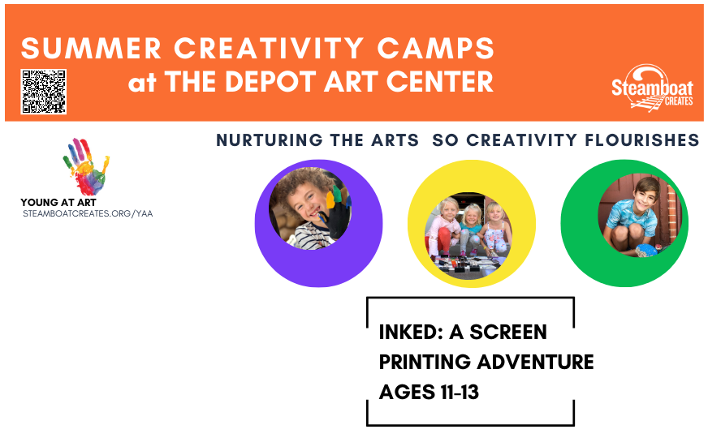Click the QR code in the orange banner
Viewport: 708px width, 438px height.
(43, 92)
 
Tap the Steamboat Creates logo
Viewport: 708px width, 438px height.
(652, 88)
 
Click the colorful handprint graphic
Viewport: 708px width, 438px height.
(86, 166)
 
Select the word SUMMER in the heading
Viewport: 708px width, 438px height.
(91, 49)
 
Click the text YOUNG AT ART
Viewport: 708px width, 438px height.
(58, 203)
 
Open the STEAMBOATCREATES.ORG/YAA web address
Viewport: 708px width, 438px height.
(88, 213)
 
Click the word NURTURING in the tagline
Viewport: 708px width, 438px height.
(269, 140)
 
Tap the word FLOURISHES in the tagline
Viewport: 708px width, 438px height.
(641, 140)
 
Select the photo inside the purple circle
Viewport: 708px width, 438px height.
(310, 208)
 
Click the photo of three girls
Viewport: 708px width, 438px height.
(468, 236)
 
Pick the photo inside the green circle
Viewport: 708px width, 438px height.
(639, 216)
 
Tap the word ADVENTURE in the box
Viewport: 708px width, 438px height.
(535, 362)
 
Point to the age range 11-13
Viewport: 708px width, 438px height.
(460, 392)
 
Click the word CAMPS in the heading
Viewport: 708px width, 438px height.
(436, 49)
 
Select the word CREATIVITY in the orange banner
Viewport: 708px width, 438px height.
(269, 49)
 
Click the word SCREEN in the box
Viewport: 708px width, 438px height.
(508, 333)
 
